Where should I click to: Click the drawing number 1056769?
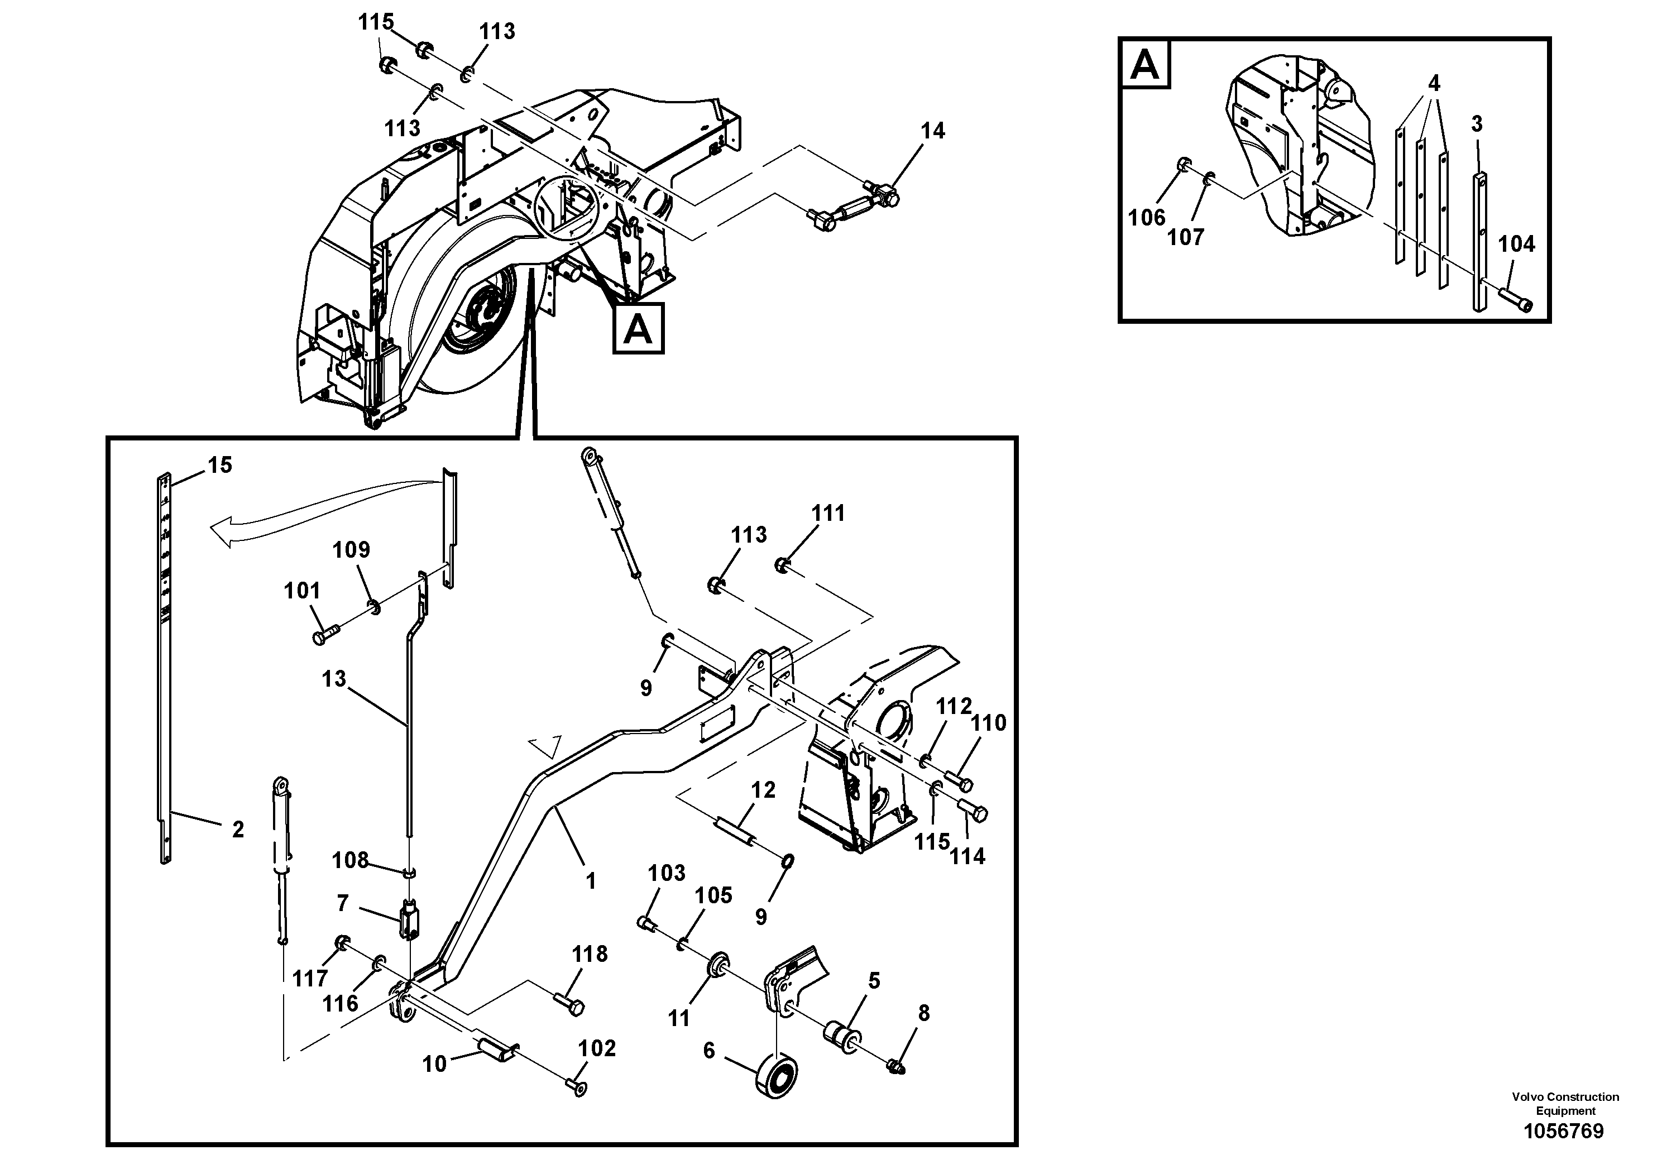[1564, 1132]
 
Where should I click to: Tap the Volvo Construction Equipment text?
[1565, 1103]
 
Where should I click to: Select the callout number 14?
[932, 131]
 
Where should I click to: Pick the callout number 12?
[763, 790]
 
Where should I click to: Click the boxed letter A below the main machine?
[638, 329]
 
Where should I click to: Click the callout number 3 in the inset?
[1477, 124]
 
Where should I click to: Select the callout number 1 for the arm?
[591, 881]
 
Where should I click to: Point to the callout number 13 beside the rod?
[334, 679]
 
